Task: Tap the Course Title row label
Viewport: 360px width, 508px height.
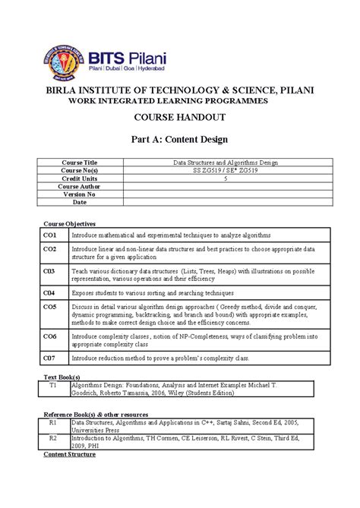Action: tap(80, 163)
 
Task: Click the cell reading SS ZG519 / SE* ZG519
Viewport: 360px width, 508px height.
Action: tap(226, 171)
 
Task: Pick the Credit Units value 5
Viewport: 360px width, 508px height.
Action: tap(226, 178)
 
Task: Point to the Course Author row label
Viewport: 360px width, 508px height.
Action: tap(80, 186)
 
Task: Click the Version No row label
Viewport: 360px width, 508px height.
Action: tap(80, 194)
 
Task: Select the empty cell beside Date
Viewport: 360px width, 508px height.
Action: tap(226, 203)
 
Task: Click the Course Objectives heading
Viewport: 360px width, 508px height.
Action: tap(69, 224)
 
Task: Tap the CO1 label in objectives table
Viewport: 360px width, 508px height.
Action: tap(49, 236)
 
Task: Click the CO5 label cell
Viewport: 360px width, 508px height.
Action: tap(49, 307)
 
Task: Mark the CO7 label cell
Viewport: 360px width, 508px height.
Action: tap(49, 357)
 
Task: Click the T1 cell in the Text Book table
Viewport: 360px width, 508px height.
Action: tap(53, 386)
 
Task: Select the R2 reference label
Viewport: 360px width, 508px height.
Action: tap(53, 438)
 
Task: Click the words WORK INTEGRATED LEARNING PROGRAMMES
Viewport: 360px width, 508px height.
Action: tap(179, 101)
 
